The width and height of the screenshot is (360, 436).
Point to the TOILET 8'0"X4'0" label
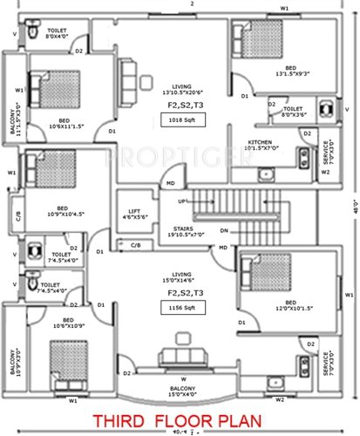click(x=38, y=33)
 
